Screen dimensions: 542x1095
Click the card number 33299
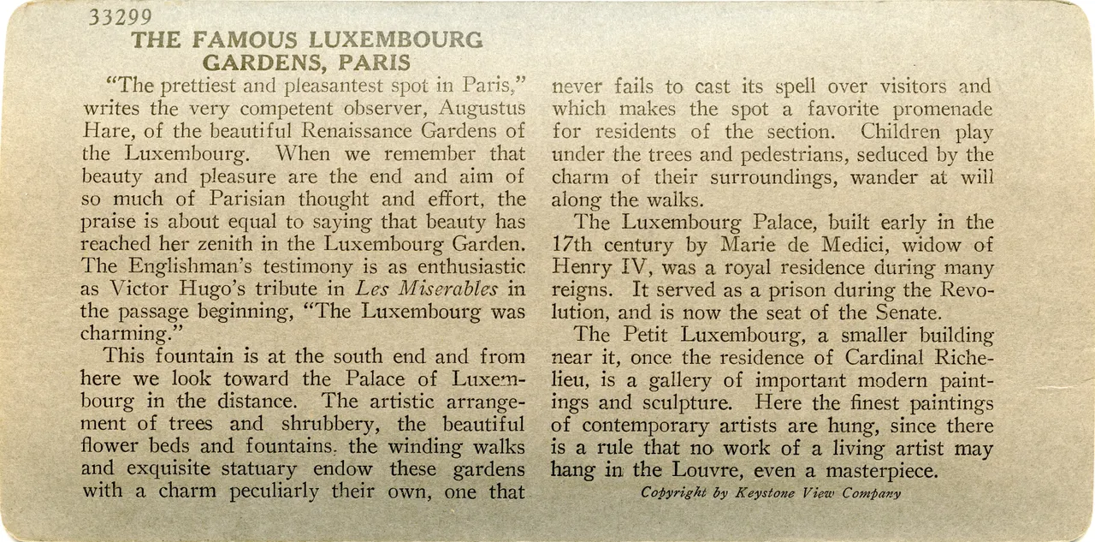point(121,19)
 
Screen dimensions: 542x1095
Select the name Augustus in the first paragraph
point(482,109)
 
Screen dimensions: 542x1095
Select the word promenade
point(944,110)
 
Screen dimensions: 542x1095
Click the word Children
point(901,132)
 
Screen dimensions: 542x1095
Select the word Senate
point(909,313)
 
